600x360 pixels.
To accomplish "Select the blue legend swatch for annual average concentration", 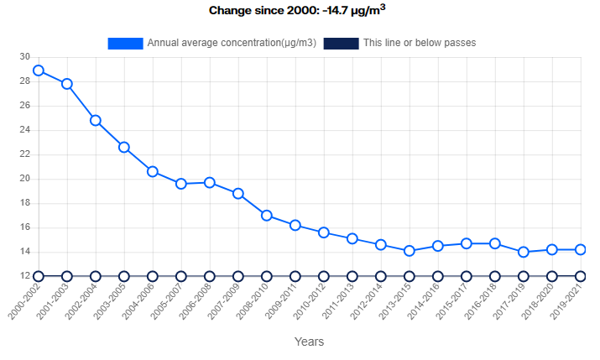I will click(x=125, y=43).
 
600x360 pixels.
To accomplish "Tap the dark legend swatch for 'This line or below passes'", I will click(x=342, y=43).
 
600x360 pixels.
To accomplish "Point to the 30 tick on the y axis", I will click(x=24, y=57).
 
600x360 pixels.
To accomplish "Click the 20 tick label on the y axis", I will click(x=24, y=179).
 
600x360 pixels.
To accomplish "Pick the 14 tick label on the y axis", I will click(x=24, y=252).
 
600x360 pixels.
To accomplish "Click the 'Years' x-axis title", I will click(x=309, y=342).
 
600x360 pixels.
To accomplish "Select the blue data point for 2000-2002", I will click(x=39, y=70).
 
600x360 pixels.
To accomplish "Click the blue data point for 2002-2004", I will click(x=96, y=120).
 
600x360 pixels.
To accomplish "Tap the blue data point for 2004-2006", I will click(x=153, y=171).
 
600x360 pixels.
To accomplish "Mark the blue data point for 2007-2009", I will click(x=238, y=193).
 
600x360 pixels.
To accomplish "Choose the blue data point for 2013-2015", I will click(x=410, y=251).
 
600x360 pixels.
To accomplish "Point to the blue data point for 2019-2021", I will click(x=581, y=249).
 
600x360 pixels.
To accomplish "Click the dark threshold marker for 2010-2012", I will click(x=324, y=276).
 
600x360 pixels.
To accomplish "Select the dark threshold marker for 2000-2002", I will click(x=39, y=276).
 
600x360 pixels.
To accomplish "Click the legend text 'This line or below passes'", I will click(x=420, y=43).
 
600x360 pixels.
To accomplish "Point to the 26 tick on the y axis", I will click(x=24, y=106).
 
